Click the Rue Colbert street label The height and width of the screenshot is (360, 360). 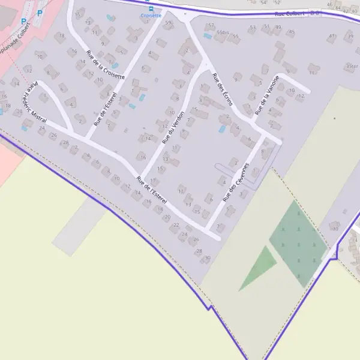(289, 13)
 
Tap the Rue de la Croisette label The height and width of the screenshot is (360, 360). (106, 64)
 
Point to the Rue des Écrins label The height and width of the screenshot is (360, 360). (223, 89)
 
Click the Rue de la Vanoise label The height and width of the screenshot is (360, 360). (267, 95)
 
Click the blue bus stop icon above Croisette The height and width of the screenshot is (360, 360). (151, 9)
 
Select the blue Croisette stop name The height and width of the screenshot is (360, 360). (151, 16)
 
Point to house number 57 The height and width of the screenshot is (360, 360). (211, 26)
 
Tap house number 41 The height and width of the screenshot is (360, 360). (331, 36)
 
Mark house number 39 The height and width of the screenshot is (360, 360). (349, 37)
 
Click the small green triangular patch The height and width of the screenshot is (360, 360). (259, 267)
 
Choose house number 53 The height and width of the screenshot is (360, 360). (252, 28)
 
